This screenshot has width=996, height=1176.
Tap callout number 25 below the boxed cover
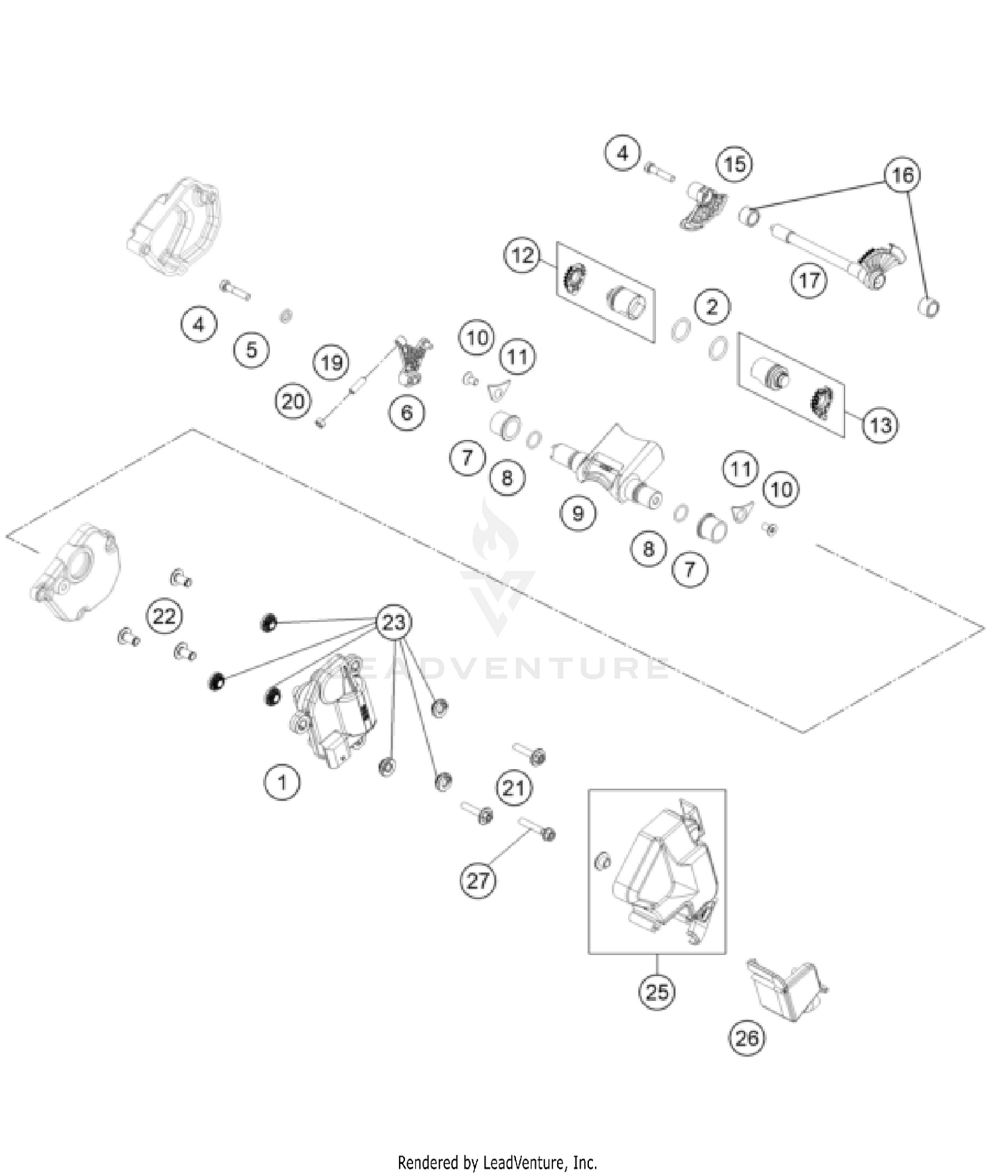click(657, 992)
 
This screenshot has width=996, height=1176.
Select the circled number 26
click(746, 1037)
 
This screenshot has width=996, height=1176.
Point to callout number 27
click(478, 881)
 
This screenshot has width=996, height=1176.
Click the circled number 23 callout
click(394, 623)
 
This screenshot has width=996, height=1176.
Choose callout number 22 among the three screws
click(164, 617)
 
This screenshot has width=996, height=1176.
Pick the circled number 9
click(578, 513)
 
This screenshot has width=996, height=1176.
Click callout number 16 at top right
click(902, 175)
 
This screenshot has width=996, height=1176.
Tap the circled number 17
click(809, 281)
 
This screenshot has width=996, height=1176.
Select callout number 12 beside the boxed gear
click(523, 255)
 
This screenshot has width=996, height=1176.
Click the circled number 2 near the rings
click(712, 307)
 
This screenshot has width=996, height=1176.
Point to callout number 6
click(406, 413)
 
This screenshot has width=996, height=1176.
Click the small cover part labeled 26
click(787, 989)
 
